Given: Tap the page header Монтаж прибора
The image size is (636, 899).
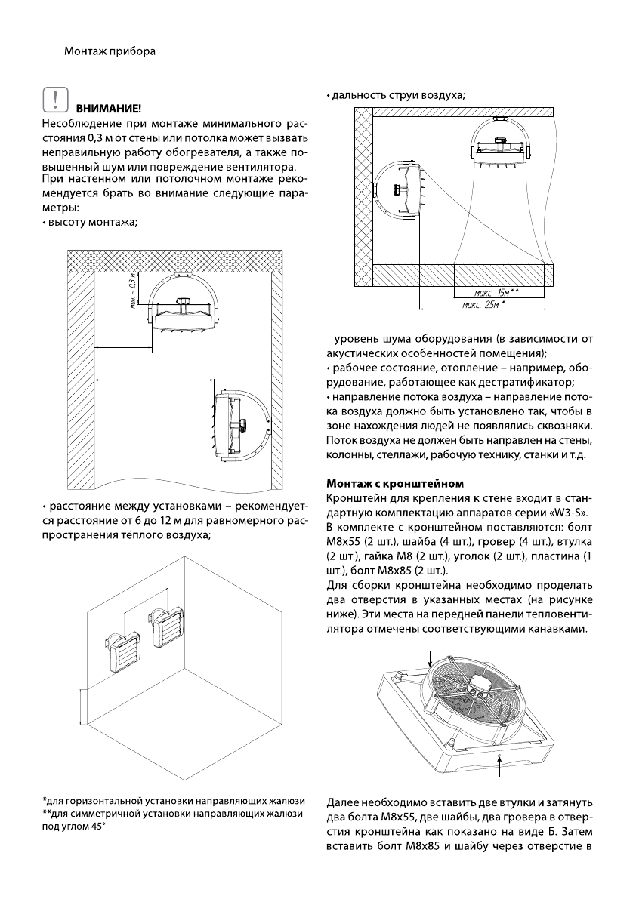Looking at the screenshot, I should (x=110, y=52).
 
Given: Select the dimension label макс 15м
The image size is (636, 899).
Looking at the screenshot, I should (x=499, y=291).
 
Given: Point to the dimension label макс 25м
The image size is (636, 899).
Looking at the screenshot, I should (x=483, y=304).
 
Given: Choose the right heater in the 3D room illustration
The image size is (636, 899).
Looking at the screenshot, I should (x=165, y=626).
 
